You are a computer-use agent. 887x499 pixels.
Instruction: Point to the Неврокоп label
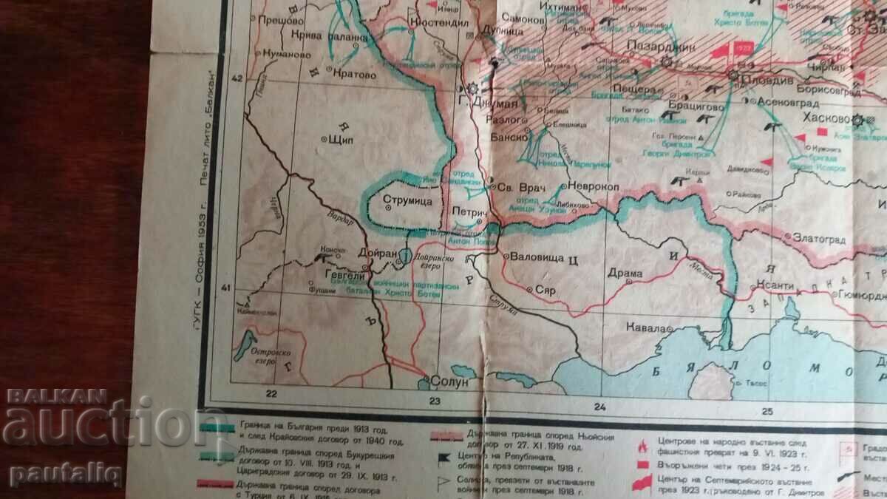coord(594,186)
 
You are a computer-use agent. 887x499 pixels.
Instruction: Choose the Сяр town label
coord(546,291)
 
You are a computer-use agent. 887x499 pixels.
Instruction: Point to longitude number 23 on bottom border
coord(435,401)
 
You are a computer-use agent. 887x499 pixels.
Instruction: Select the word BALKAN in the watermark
coord(57,397)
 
